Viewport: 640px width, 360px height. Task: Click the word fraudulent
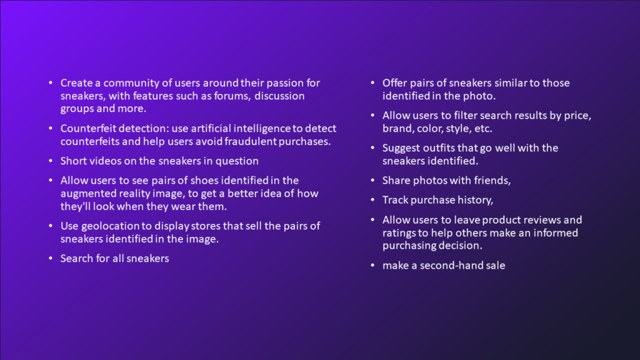coord(251,141)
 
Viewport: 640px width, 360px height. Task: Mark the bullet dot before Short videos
coord(51,161)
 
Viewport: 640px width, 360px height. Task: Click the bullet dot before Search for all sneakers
coord(51,258)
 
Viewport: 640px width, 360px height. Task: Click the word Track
coord(395,200)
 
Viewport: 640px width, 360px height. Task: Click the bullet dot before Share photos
coord(372,181)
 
